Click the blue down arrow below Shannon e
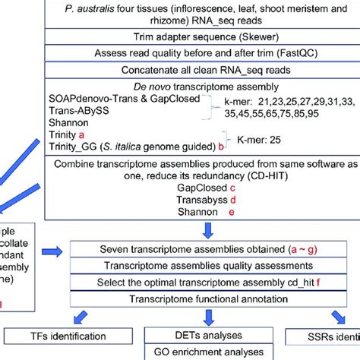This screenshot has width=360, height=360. [x=208, y=229]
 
